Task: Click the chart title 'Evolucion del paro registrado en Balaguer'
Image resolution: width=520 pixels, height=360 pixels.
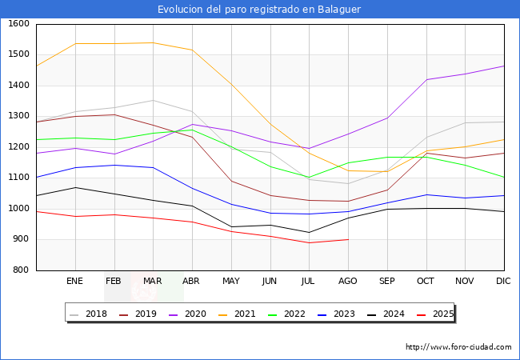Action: pos(259,10)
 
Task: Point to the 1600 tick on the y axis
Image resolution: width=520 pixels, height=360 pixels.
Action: pos(18,24)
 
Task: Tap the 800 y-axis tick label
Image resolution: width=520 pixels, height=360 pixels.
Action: pos(21,270)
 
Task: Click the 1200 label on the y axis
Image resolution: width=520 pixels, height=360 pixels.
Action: pos(18,147)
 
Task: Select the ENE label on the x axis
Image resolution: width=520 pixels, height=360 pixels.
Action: pos(75,281)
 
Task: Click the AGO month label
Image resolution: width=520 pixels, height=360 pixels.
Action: pos(348,281)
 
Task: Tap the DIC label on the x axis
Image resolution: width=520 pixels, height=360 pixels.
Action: pos(503,281)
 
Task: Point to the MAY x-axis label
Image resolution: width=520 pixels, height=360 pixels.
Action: pos(231,281)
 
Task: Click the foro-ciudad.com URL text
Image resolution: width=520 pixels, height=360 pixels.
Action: pos(458,347)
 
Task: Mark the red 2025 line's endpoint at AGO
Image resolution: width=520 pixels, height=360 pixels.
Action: pos(348,239)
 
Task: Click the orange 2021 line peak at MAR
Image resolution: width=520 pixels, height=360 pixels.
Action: pos(153,43)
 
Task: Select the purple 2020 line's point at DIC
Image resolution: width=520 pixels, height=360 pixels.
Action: pos(503,66)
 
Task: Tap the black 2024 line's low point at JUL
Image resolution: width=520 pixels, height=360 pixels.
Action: pos(309,233)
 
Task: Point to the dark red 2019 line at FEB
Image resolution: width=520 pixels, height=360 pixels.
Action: pos(114,114)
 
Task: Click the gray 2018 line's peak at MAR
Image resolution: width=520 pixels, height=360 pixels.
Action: pos(153,100)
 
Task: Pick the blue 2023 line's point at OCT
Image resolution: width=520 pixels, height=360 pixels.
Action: pos(426,194)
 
